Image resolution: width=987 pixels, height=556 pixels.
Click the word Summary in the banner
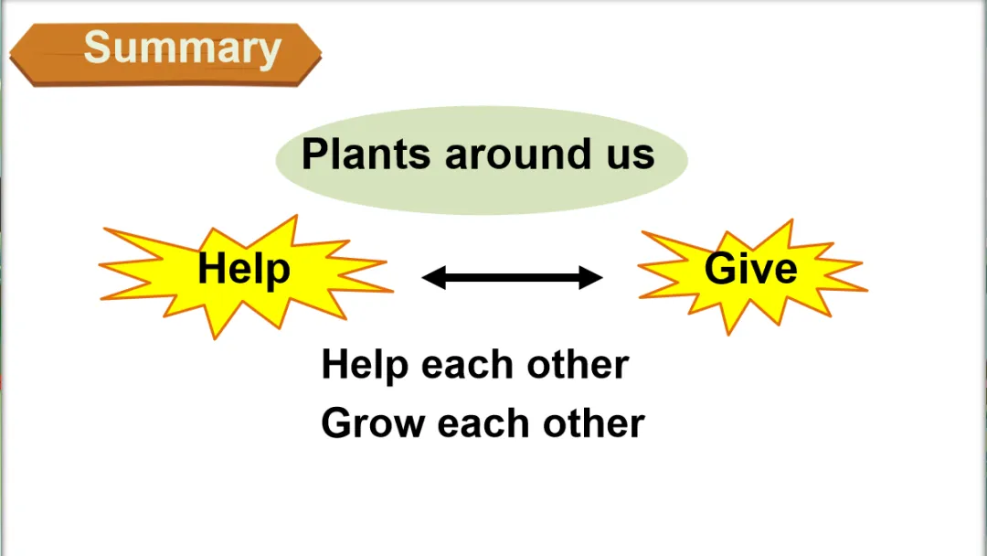click(x=182, y=48)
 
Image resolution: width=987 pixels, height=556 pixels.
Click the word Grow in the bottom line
click(x=373, y=423)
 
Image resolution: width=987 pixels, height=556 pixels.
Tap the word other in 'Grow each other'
click(x=594, y=423)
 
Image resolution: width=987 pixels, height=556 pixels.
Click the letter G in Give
click(x=720, y=268)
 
